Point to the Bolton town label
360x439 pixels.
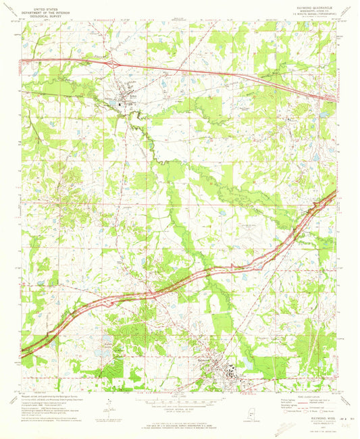(122, 96)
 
